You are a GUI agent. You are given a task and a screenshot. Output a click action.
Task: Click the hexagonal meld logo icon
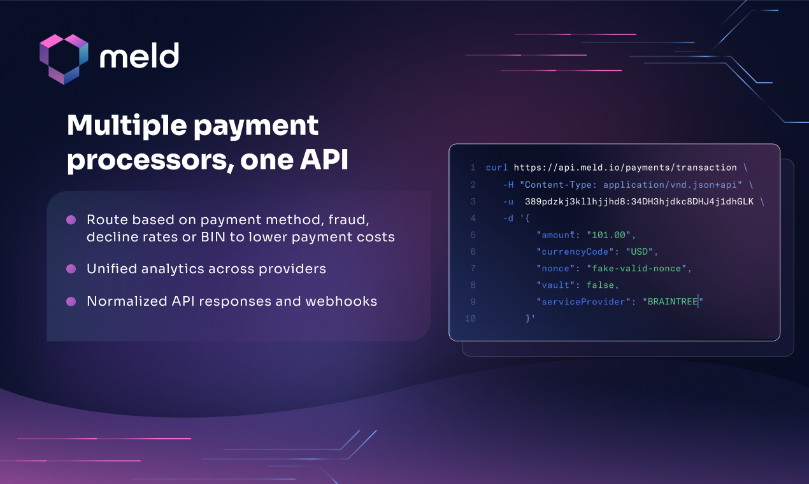click(x=64, y=59)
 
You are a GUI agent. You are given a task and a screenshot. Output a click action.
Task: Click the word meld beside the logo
click(x=140, y=55)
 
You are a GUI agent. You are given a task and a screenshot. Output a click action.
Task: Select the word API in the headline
click(x=324, y=159)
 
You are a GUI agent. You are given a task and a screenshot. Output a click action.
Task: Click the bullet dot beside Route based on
click(x=71, y=220)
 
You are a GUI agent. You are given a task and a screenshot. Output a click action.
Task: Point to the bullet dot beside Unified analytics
click(x=71, y=269)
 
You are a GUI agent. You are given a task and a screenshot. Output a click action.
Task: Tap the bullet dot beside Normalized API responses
click(x=71, y=301)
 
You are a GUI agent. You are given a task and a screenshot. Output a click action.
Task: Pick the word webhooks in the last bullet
click(x=341, y=301)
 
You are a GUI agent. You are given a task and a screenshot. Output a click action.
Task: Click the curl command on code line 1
click(x=497, y=167)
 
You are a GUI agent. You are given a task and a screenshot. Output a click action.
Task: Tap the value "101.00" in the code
click(x=608, y=235)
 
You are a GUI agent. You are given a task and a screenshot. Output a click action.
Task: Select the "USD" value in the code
click(x=640, y=252)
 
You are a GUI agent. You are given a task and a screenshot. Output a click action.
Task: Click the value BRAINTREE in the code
click(x=672, y=302)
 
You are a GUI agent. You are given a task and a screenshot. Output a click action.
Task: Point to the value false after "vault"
click(x=600, y=285)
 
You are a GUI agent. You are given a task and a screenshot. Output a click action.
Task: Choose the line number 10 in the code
click(x=470, y=318)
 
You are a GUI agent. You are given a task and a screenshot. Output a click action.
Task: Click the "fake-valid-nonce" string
click(x=636, y=268)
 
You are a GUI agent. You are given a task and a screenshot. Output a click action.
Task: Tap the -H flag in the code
click(x=508, y=185)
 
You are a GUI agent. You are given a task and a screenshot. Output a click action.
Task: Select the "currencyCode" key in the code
click(x=575, y=252)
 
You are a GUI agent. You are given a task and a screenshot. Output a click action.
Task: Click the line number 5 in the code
click(x=473, y=235)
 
